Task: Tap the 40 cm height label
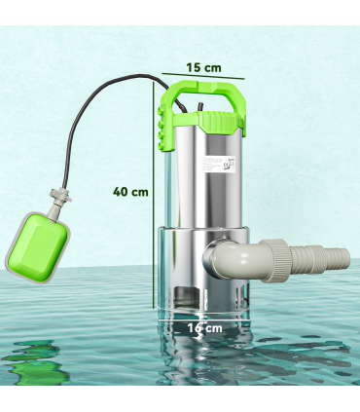tap(130, 192)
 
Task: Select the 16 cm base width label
tap(205, 328)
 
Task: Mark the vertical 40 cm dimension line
tap(152, 195)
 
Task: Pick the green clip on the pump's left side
tap(161, 127)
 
